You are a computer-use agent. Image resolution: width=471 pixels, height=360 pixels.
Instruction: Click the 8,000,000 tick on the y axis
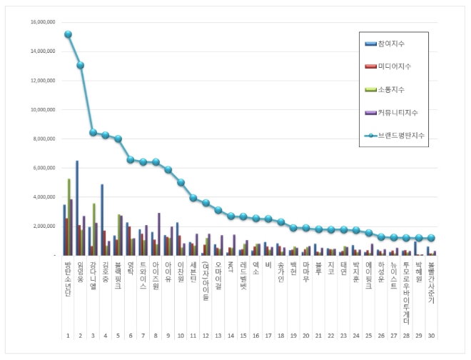44,139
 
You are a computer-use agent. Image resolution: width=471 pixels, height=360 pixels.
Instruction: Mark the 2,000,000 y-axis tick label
44,226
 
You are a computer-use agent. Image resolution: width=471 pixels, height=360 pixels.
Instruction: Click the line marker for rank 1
68,34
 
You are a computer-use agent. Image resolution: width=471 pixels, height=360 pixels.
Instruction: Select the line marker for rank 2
81,65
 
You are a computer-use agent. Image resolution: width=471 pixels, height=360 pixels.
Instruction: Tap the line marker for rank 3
93,132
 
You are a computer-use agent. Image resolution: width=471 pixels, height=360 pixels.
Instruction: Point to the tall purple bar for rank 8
159,234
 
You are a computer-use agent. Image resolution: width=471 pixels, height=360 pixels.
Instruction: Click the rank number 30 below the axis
432,334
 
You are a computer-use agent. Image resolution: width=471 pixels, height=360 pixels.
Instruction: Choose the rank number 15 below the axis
243,334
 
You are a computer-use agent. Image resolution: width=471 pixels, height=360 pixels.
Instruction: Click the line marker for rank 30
432,238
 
